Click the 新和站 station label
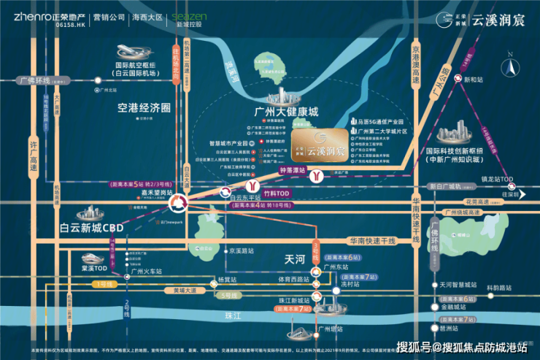[x=474, y=80]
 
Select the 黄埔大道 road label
[x=185, y=290]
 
